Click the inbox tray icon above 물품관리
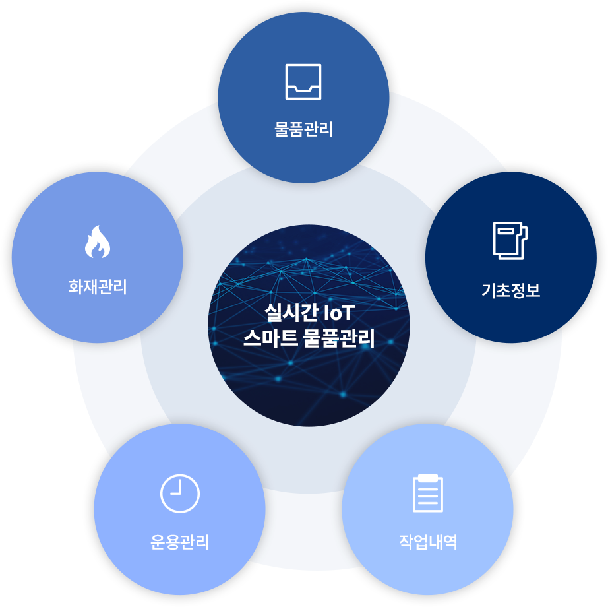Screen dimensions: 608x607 tap(303, 82)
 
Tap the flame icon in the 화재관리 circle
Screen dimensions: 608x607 tap(98, 241)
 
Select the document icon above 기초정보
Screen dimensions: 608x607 tap(510, 240)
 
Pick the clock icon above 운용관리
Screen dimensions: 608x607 tap(180, 494)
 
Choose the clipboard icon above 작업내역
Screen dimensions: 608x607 tap(428, 493)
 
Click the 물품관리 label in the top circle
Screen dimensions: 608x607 tap(303, 129)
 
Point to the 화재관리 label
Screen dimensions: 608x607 tap(98, 287)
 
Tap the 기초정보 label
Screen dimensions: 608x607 tap(510, 290)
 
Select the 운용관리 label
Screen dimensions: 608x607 tap(180, 542)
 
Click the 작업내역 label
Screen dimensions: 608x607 tap(428, 542)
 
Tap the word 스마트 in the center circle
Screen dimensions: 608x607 tap(270, 338)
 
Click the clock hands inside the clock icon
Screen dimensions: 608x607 tap(177, 488)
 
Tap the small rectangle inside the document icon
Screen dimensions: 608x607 tap(506, 231)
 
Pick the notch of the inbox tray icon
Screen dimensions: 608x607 tap(303, 90)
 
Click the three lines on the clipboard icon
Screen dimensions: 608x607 tap(428, 496)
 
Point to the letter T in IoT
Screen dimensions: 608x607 tap(348, 313)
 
